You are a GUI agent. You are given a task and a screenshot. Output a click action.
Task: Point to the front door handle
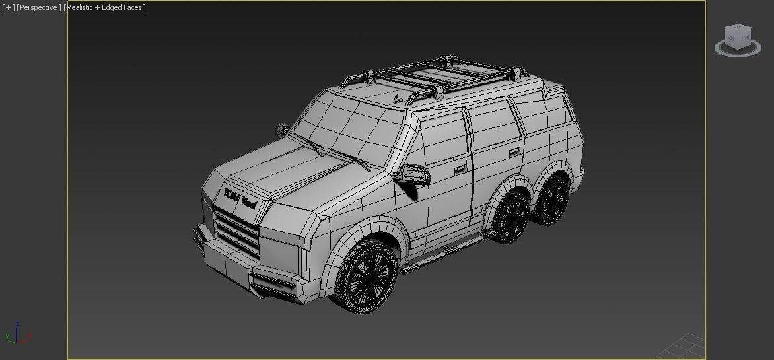pyautogui.click(x=458, y=170)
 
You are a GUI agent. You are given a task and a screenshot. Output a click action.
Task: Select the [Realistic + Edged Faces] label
pyautogui.click(x=105, y=7)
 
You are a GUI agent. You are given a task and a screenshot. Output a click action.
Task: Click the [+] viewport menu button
pyautogui.click(x=8, y=7)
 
